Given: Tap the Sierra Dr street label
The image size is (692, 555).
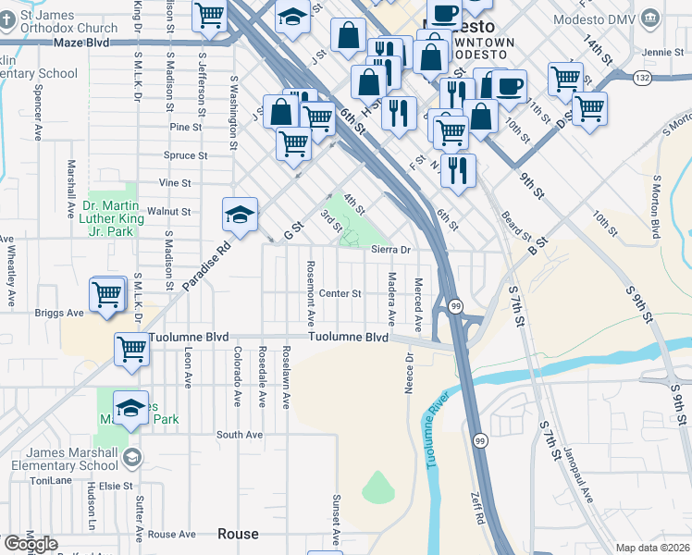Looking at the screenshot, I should point(389,250).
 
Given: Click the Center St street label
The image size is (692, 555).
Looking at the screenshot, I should point(339,294).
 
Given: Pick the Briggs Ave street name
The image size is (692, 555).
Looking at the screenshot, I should point(60,313).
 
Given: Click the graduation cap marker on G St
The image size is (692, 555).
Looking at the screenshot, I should point(240,216).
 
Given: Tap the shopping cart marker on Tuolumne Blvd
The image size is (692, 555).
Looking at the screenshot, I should point(132,350).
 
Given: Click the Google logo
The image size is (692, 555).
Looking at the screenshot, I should point(31,544).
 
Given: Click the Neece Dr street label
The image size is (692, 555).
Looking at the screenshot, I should point(408,373).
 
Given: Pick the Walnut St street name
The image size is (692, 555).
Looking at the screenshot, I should point(174,212).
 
